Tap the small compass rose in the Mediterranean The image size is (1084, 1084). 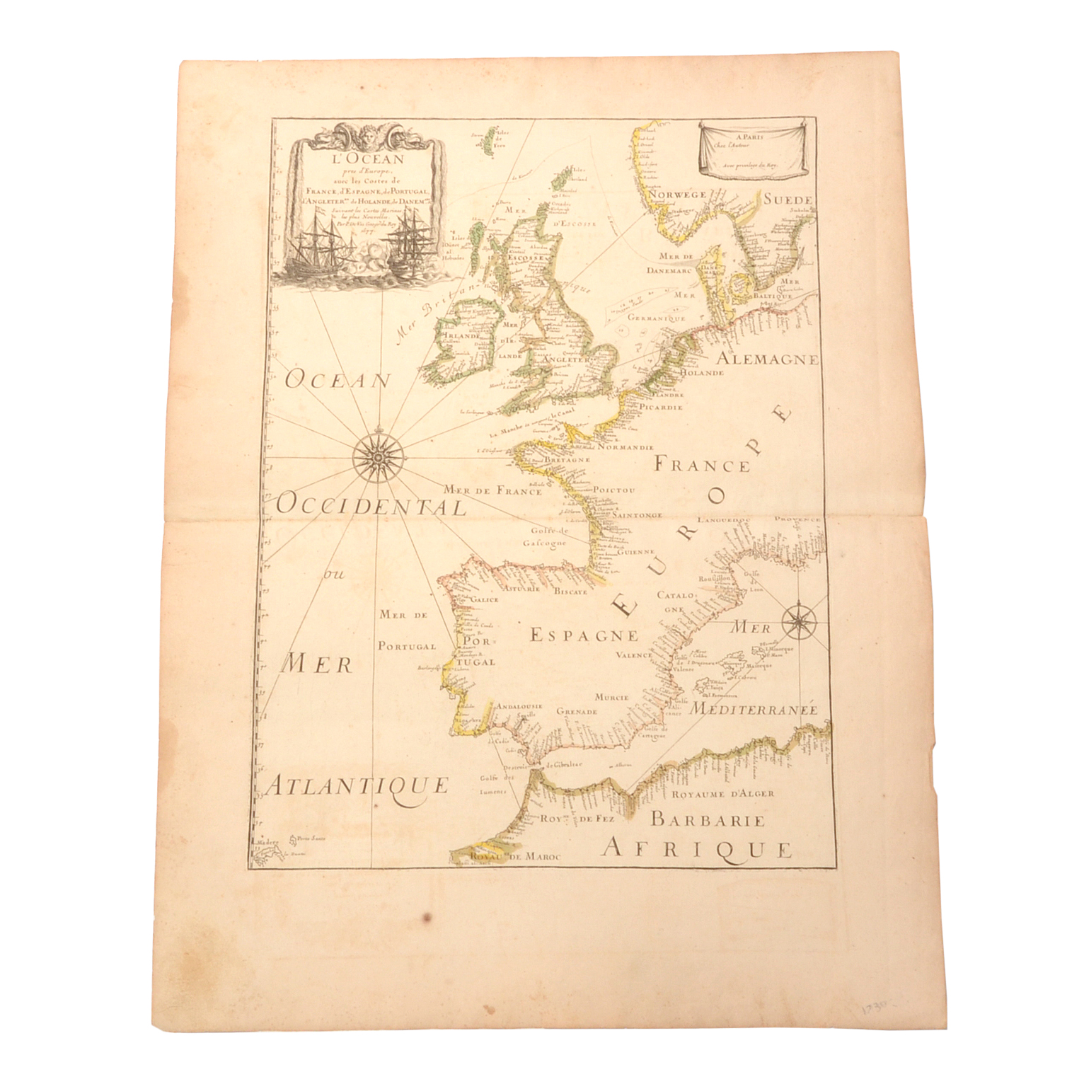click(x=799, y=623)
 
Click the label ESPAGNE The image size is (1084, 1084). click(x=584, y=635)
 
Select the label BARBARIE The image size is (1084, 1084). click(x=708, y=820)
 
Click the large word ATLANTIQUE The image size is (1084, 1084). click(x=359, y=785)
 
